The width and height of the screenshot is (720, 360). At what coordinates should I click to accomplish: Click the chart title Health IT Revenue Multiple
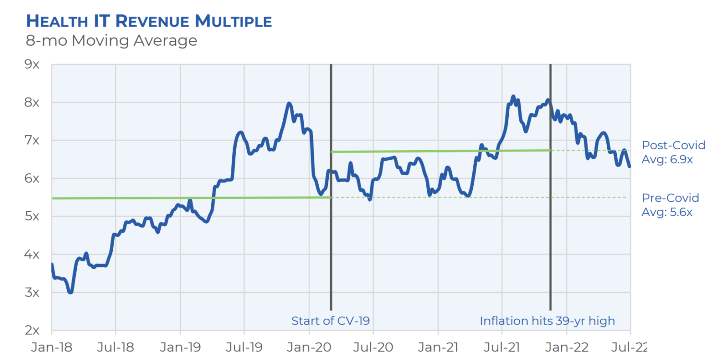tap(149, 21)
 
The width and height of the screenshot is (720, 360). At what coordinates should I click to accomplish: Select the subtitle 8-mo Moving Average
tap(111, 41)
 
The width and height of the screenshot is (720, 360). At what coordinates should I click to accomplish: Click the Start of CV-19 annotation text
tap(331, 321)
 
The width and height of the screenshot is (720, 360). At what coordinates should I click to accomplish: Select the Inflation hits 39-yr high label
tap(547, 321)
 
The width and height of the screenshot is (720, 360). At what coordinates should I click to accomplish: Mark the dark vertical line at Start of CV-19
tap(331, 240)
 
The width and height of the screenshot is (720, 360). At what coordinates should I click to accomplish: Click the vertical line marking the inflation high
tap(550, 240)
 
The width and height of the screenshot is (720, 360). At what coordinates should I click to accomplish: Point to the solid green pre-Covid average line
tap(144, 198)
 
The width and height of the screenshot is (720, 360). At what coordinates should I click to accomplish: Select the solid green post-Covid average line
tap(432, 151)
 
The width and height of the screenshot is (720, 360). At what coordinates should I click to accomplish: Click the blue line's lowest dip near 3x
tap(71, 292)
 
